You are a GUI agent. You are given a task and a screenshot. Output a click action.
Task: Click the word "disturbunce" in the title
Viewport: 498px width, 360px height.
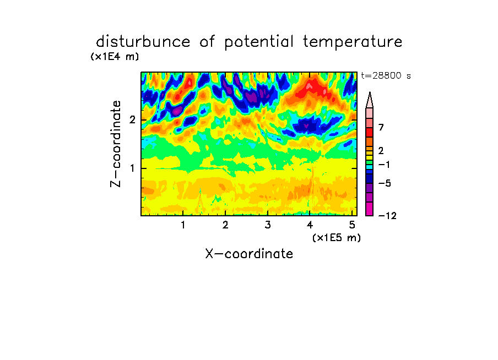click(x=143, y=42)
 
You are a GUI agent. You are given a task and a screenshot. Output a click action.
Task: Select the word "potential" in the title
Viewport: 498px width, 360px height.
click(x=259, y=42)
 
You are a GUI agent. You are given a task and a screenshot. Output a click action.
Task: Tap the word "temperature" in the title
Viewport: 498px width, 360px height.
click(x=353, y=42)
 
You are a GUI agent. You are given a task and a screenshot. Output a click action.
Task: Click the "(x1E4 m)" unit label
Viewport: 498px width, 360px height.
click(x=115, y=57)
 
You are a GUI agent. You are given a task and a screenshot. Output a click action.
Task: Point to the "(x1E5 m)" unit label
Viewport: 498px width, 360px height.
click(x=337, y=237)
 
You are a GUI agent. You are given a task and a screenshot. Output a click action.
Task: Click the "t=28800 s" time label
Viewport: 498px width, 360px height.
click(x=386, y=75)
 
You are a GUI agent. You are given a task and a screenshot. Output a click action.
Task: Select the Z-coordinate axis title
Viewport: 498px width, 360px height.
click(x=116, y=144)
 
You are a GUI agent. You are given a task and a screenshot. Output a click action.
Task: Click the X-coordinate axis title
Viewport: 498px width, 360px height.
click(x=249, y=254)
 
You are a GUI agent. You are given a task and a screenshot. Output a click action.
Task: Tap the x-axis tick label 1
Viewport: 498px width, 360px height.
click(x=183, y=225)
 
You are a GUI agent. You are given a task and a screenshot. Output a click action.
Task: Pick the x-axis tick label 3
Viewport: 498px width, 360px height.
click(x=268, y=225)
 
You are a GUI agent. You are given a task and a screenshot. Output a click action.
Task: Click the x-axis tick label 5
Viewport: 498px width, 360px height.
click(x=352, y=225)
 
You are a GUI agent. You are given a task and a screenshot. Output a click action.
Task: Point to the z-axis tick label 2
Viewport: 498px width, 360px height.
click(x=132, y=120)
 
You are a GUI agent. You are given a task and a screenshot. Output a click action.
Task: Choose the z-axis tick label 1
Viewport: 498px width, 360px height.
click(x=132, y=168)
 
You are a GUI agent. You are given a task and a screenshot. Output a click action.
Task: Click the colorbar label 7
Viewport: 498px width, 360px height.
click(x=381, y=127)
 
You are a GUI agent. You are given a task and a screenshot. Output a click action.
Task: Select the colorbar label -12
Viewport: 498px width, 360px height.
click(x=387, y=216)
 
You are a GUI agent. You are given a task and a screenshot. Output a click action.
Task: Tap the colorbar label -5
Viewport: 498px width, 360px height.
click(x=385, y=183)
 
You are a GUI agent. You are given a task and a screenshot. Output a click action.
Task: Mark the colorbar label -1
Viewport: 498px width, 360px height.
click(x=384, y=165)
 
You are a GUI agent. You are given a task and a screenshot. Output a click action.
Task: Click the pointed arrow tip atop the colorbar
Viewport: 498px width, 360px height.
click(x=370, y=92)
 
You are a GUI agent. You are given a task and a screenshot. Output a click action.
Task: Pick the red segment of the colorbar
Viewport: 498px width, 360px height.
click(x=370, y=132)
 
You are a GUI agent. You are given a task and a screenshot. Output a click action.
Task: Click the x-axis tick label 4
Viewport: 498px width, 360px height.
click(x=310, y=225)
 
